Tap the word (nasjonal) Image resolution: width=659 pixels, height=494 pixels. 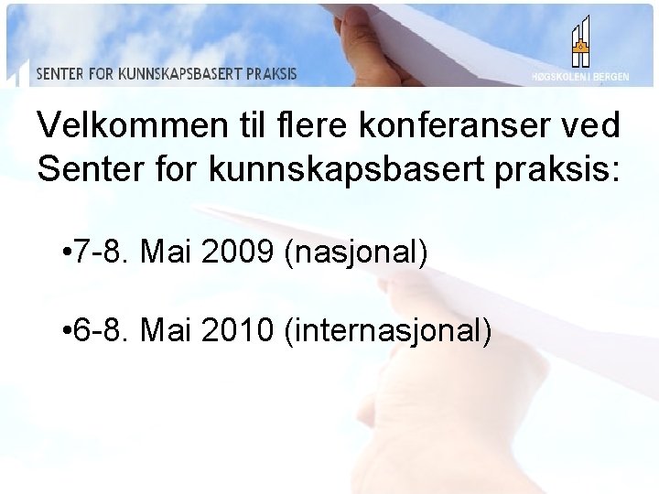pyautogui.click(x=357, y=250)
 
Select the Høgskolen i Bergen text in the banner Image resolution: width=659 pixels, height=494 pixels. pyautogui.click(x=579, y=77)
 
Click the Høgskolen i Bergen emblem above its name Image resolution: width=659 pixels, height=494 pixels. pyautogui.click(x=579, y=41)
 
